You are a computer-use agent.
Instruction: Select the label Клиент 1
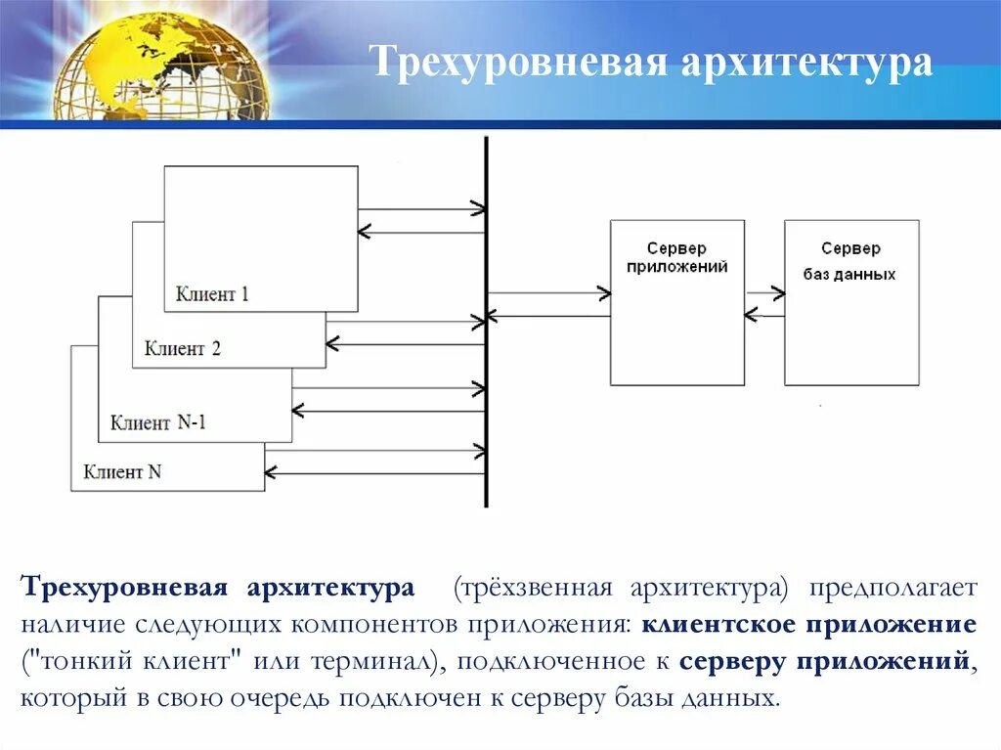pyautogui.click(x=212, y=293)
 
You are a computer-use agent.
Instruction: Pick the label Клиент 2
pyautogui.click(x=182, y=348)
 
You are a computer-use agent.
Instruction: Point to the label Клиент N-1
pyautogui.click(x=157, y=422)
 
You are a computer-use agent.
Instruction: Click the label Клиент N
pyautogui.click(x=122, y=471)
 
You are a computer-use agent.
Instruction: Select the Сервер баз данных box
pyautogui.click(x=850, y=302)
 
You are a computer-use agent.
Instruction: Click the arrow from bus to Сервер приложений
pyautogui.click(x=547, y=292)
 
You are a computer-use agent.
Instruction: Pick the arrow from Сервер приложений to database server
pyautogui.click(x=764, y=292)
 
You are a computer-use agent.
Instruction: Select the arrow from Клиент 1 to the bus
pyautogui.click(x=420, y=208)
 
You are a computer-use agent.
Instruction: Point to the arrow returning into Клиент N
pyautogui.click(x=371, y=472)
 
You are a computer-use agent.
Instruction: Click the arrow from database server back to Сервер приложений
pyautogui.click(x=764, y=315)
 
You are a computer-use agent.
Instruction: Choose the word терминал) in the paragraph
pyautogui.click(x=375, y=661)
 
